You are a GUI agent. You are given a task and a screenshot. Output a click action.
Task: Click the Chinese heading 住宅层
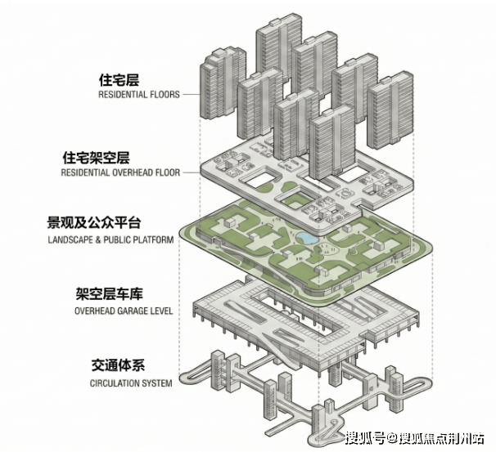coord(119,80)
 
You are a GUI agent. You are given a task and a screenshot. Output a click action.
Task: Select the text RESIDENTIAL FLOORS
coord(139,95)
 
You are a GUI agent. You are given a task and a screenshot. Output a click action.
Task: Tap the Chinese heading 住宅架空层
coord(96,158)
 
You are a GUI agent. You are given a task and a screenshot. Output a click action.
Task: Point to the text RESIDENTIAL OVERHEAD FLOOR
coord(120,172)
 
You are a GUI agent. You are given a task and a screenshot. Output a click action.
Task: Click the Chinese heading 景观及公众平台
coord(94,222)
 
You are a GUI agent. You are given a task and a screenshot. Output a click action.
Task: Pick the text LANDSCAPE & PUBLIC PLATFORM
coord(110,239)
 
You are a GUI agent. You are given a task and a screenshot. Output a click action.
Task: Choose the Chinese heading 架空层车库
coord(109,293)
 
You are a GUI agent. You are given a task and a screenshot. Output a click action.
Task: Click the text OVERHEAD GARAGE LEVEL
coord(124,311)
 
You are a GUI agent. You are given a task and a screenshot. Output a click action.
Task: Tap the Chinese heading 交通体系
coord(118,365)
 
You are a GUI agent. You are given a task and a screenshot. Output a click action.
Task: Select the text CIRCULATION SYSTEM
coord(131,383)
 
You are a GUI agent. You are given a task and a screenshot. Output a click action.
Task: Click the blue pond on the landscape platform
coord(306,238)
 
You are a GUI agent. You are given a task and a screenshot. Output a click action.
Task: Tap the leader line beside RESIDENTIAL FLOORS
coord(191,95)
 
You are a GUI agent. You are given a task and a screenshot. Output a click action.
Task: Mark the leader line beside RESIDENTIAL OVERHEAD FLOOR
coord(191,172)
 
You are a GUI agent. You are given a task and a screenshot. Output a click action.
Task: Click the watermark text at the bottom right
coord(414,438)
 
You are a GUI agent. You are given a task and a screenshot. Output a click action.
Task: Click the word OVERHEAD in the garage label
coord(95,311)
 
